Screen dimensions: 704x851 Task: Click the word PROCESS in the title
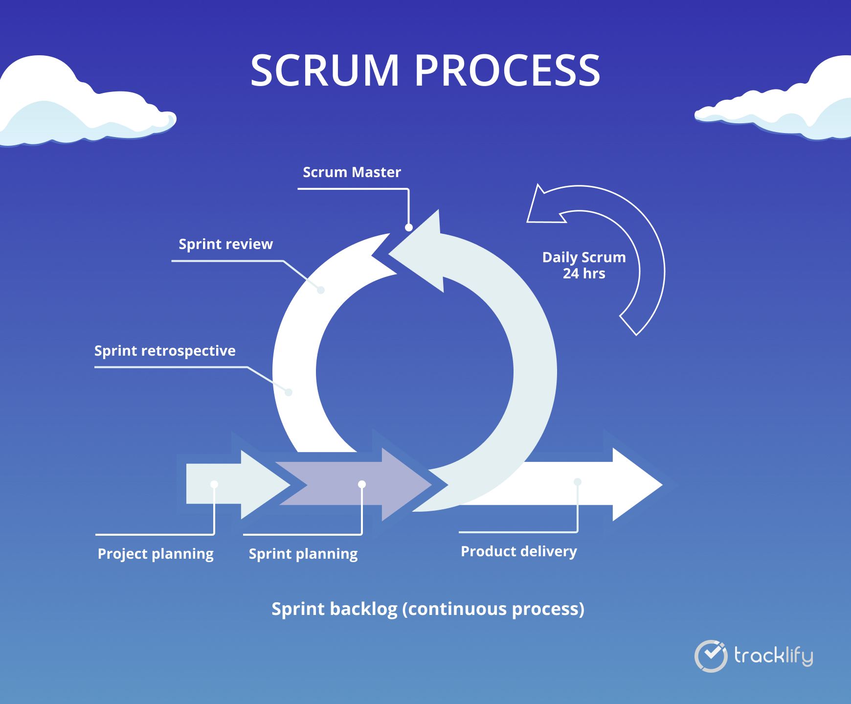(507, 70)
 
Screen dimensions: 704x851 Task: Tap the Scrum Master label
(352, 172)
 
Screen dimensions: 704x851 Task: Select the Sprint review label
(225, 244)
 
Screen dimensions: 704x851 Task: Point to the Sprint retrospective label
(165, 351)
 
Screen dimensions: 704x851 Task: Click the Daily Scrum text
(584, 257)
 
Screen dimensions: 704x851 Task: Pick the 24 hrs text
(584, 273)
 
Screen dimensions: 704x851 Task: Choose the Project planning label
(156, 554)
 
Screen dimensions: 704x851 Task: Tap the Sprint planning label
(303, 554)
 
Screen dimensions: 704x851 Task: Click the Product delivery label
(519, 551)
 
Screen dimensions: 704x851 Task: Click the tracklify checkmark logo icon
(711, 656)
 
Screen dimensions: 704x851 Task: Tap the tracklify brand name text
(773, 656)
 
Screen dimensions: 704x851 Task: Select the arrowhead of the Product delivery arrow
(636, 484)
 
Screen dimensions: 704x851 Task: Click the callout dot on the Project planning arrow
(214, 484)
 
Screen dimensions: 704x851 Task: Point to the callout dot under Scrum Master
(409, 227)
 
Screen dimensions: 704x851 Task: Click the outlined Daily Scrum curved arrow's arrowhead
(543, 208)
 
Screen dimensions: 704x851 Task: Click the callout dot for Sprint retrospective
(289, 392)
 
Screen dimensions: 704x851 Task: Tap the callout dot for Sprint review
(321, 290)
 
